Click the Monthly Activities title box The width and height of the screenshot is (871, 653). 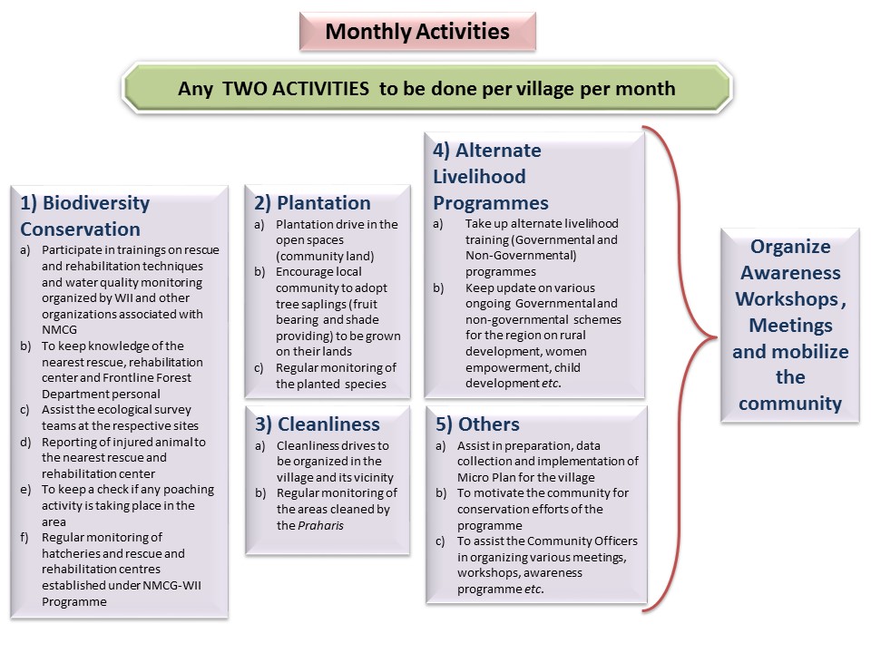417,32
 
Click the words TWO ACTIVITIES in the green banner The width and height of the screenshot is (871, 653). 296,89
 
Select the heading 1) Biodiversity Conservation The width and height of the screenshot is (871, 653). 85,216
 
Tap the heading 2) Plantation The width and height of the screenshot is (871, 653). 312,202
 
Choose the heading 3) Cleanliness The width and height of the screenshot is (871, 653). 318,424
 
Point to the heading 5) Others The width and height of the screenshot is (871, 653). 477,424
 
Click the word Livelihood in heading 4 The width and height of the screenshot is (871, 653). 479,177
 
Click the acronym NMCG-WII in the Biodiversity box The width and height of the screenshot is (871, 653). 171,585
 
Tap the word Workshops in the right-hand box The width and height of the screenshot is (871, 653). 786,298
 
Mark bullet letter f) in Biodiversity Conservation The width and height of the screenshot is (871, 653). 25,538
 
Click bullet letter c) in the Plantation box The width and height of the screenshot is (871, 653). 259,368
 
